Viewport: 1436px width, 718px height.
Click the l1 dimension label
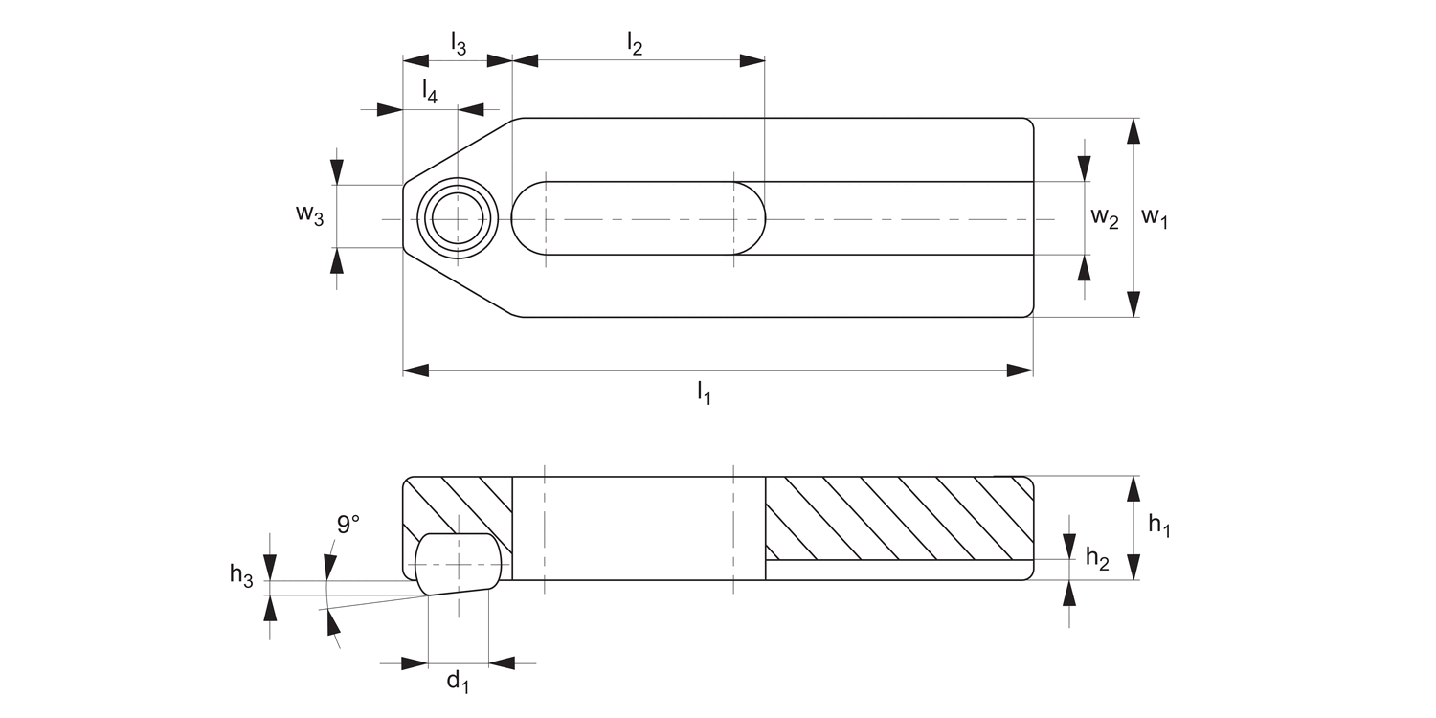point(704,392)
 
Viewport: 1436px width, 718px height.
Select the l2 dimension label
point(635,43)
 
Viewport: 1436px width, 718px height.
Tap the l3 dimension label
point(459,43)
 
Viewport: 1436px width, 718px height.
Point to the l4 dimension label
point(430,91)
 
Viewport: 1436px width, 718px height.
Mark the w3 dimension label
point(309,214)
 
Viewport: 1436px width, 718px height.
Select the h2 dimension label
point(1096,561)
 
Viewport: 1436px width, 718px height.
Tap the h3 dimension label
point(241,574)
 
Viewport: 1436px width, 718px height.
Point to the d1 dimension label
point(458,682)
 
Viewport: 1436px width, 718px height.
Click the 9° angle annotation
point(348,524)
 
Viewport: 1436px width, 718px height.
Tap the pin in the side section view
point(458,563)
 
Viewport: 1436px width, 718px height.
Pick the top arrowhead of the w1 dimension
point(1133,131)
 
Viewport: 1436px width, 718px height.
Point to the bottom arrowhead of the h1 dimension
point(1133,567)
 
